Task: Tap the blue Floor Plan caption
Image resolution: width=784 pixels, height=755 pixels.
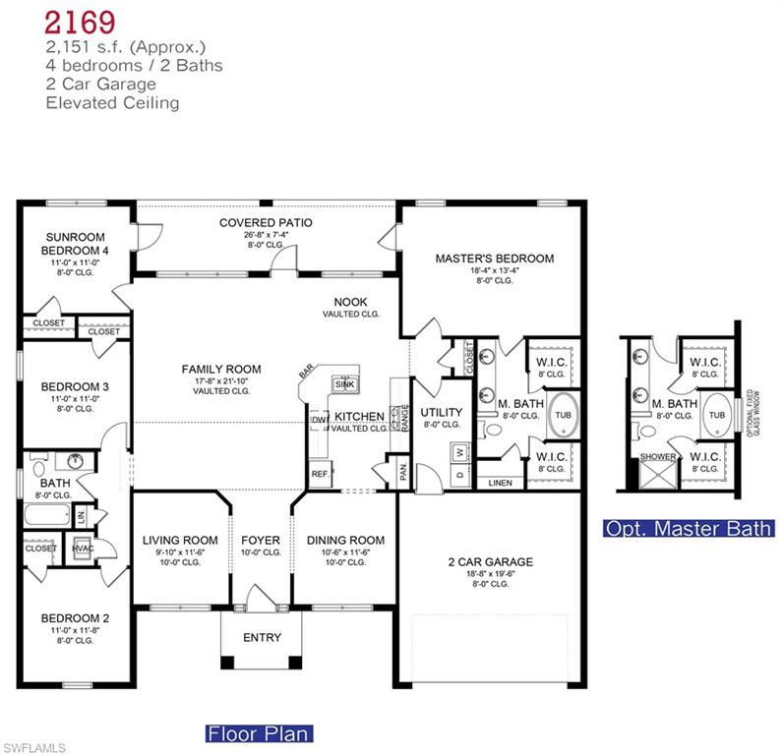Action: pos(259,732)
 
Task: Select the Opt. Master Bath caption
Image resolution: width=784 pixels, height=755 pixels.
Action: pos(689,529)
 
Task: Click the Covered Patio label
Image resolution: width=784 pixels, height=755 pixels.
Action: pos(266,223)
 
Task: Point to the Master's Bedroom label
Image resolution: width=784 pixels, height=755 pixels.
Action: pos(494,259)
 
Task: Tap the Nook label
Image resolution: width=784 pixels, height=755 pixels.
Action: pos(351,303)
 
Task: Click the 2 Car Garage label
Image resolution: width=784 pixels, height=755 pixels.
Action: pos(490,562)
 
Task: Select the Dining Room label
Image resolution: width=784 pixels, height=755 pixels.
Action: pos(345,540)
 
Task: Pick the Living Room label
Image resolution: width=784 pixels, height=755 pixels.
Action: pos(180,540)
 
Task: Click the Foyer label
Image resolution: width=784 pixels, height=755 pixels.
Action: pos(261,540)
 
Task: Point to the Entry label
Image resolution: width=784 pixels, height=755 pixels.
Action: pos(262,637)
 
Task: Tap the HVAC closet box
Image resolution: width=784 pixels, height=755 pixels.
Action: pos(84,549)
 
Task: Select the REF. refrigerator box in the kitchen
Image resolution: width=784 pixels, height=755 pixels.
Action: pos(320,474)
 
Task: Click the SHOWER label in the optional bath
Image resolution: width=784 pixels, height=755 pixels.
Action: pos(657,457)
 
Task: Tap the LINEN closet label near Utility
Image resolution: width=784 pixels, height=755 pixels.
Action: pos(500,482)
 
